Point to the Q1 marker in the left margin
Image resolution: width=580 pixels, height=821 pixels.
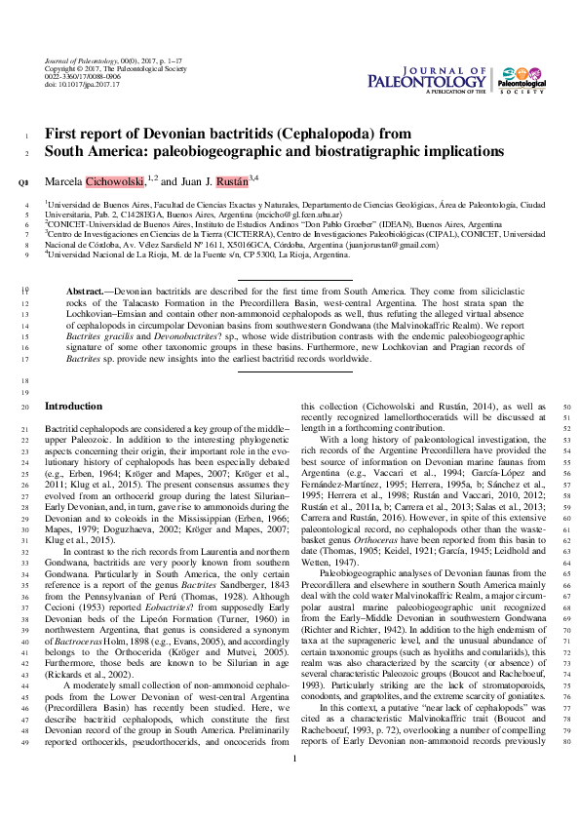coord(24,181)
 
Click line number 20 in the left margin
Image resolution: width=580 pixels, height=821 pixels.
coord(24,406)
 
